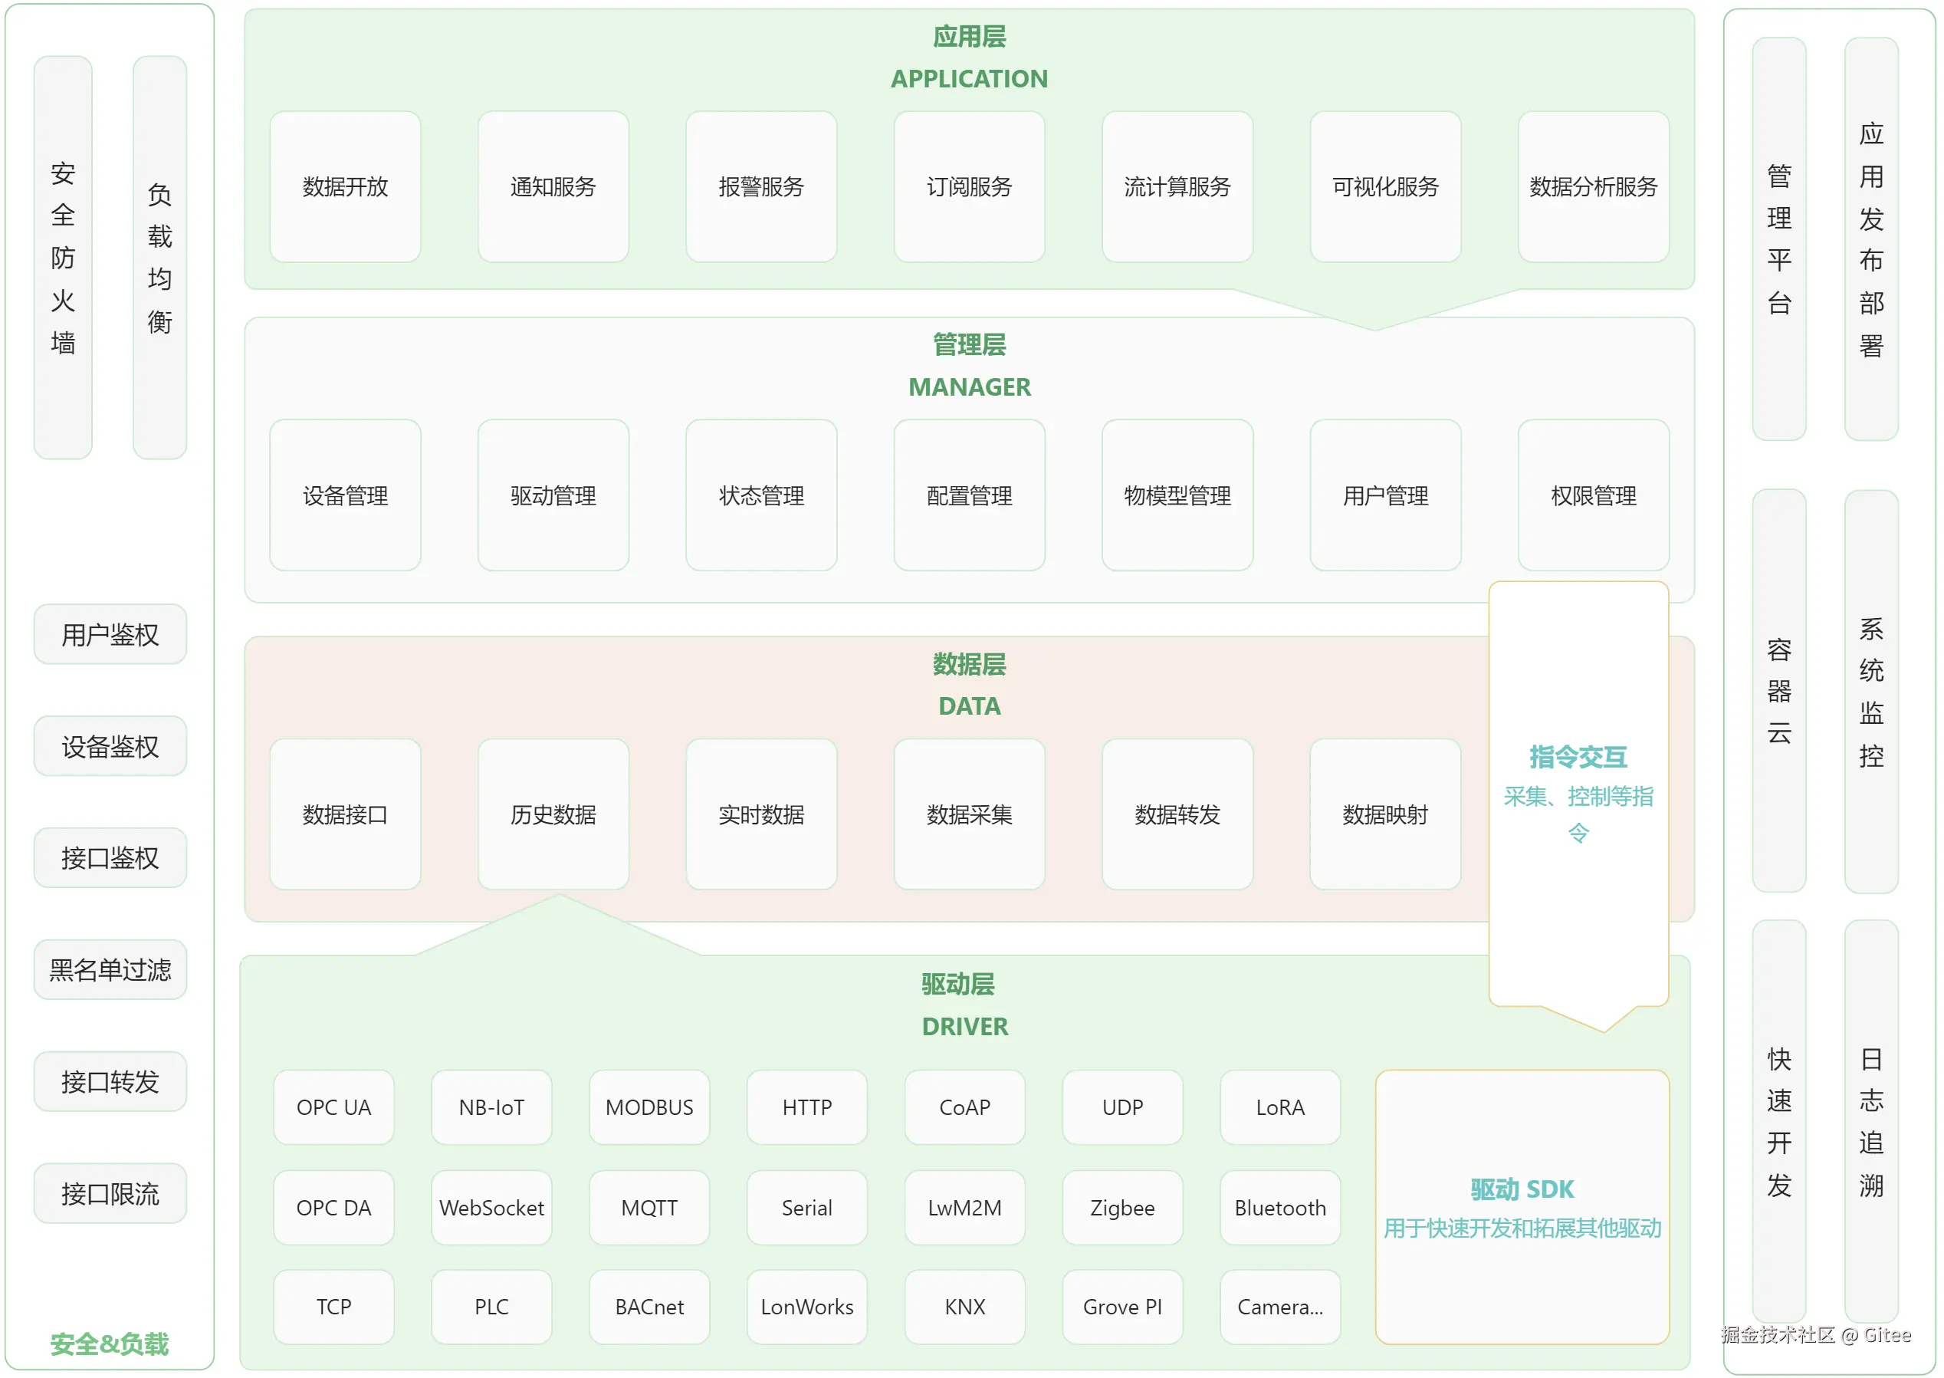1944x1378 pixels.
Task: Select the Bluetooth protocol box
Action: [x=1280, y=1208]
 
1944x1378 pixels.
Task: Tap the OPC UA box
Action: [x=333, y=1107]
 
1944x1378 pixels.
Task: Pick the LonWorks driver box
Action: [x=806, y=1307]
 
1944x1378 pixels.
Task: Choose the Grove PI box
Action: [x=1122, y=1307]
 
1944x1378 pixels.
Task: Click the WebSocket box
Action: [x=491, y=1208]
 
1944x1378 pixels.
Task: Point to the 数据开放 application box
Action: [x=345, y=186]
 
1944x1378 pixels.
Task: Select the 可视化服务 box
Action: [x=1385, y=186]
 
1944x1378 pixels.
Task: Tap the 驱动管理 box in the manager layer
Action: [x=553, y=495]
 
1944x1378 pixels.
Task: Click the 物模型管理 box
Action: [x=1177, y=495]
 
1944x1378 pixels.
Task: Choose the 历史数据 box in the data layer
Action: [x=553, y=814]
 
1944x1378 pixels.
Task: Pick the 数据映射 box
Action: [x=1385, y=814]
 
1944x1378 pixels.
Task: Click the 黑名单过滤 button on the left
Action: [x=110, y=970]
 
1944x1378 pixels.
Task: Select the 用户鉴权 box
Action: [x=110, y=635]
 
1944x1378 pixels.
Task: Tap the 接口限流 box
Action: [x=110, y=1194]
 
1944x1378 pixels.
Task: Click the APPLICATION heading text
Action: [x=969, y=79]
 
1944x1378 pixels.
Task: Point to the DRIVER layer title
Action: [x=964, y=1027]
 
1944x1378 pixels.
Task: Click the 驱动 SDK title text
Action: [x=1522, y=1189]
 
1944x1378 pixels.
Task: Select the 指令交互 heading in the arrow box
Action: [x=1578, y=757]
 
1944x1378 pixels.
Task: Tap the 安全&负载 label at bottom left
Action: [x=110, y=1344]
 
